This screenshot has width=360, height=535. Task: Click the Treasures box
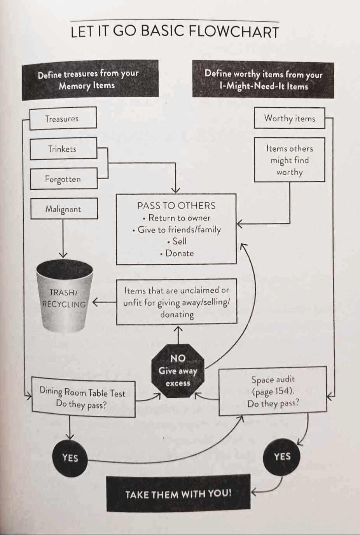click(63, 118)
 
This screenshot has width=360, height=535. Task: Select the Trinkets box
click(63, 148)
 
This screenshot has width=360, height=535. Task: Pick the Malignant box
click(64, 209)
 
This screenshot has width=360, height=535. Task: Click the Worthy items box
click(289, 118)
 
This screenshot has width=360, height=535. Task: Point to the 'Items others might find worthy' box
click(289, 160)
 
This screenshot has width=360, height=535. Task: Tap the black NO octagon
click(178, 371)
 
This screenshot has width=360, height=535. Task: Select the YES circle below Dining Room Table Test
click(70, 458)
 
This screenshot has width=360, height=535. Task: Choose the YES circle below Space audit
click(282, 456)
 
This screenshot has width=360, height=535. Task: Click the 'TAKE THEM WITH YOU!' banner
click(178, 494)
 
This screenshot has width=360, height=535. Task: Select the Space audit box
click(273, 391)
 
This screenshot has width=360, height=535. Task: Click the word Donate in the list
click(179, 253)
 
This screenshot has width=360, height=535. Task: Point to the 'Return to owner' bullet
click(179, 218)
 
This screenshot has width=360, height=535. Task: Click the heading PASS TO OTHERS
click(176, 206)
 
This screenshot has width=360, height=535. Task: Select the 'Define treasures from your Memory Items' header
click(90, 80)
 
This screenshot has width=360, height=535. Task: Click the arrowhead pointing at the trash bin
click(95, 302)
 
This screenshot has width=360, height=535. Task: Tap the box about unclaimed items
click(177, 302)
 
